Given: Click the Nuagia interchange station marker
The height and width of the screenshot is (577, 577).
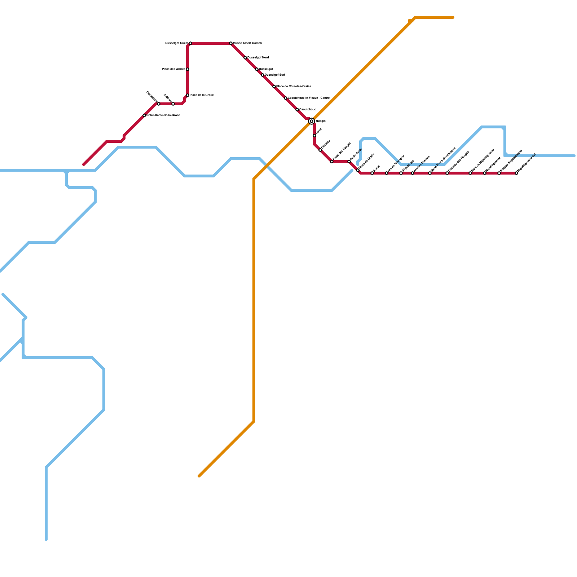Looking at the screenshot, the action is pos(312,121).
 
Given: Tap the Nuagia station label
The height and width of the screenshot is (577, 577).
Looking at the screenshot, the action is pos(321,121).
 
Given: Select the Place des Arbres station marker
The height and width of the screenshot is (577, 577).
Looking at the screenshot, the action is pos(188,69).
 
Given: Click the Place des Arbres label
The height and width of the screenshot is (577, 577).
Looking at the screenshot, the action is pos(173,69).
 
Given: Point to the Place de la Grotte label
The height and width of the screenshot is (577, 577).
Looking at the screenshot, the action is pos(202,95).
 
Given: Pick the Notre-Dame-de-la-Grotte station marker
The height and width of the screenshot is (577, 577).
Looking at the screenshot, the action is pos(144,115).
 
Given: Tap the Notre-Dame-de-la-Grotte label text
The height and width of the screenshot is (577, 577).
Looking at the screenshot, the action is pos(163,115).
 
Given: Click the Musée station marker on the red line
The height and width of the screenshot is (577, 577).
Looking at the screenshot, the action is pos(231,43).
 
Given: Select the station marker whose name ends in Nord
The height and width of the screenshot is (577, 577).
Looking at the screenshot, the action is pos(245,58).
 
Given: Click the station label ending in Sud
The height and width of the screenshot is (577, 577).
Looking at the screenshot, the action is pos(275,75).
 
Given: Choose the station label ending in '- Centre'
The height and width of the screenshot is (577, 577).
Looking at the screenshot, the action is pos(309,98).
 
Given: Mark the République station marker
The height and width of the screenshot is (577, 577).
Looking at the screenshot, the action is pos(401,173).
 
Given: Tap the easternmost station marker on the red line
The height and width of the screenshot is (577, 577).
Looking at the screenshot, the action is pos(516,173).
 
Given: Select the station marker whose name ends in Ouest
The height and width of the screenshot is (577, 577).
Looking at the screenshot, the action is pos(190,43).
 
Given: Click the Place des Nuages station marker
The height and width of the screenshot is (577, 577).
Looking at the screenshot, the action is pos(332,162).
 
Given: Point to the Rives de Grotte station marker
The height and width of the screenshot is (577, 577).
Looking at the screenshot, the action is pos(358,170).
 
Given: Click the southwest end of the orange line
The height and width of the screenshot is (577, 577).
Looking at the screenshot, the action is pos(199,476).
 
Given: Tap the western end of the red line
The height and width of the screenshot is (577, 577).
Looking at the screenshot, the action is pos(84,164).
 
